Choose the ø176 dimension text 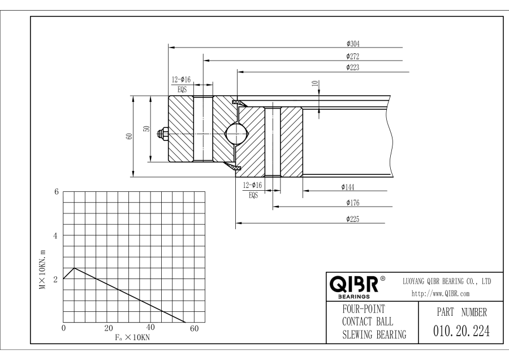(353, 202)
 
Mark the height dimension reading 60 (130, 136)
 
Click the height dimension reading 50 (146, 129)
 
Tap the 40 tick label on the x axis (150, 328)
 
